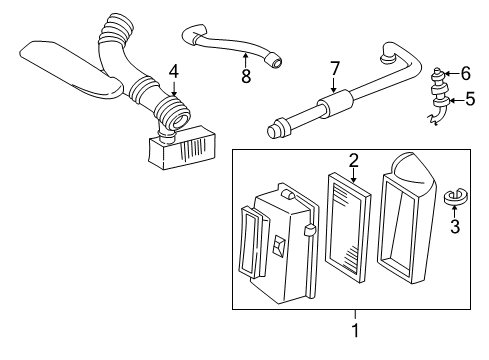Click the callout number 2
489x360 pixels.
[352, 159]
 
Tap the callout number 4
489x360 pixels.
[174, 72]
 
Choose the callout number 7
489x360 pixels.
[336, 68]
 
